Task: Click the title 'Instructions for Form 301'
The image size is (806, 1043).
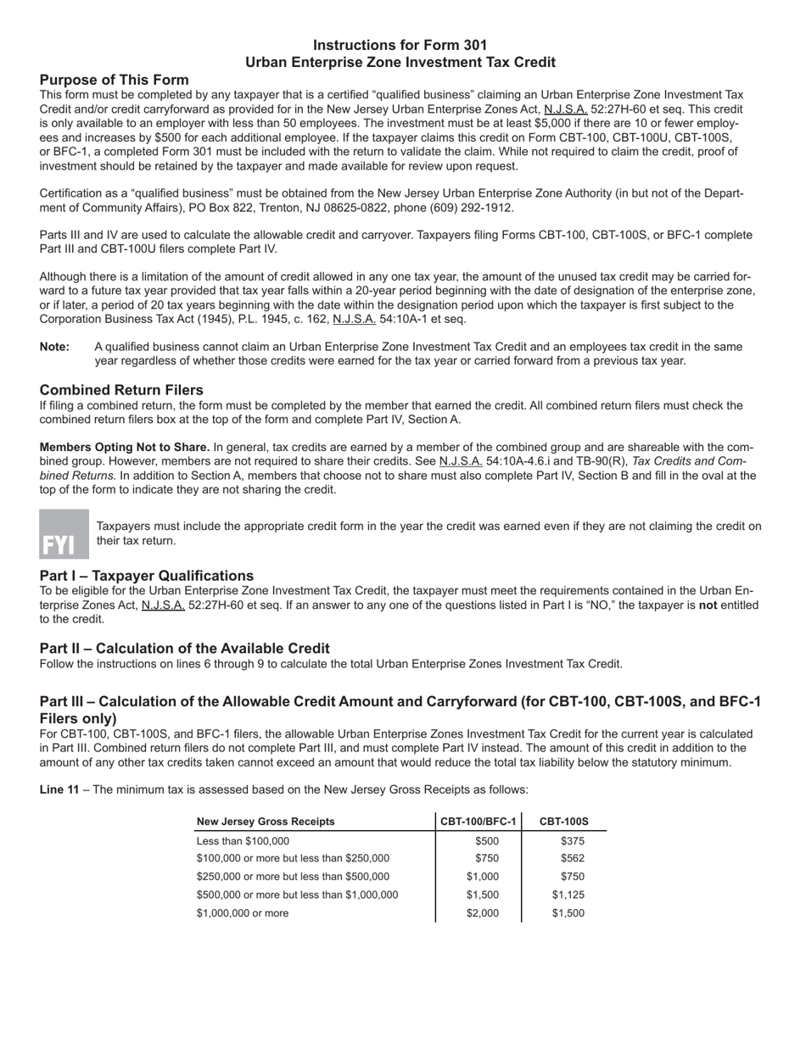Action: click(400, 45)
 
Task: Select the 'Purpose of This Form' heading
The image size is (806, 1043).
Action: click(114, 80)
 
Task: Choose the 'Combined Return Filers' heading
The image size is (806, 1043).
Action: click(121, 390)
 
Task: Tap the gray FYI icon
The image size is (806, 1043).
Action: click(64, 534)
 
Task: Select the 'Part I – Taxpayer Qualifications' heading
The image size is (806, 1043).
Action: click(146, 576)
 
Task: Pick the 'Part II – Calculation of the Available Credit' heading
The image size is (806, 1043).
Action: click(184, 648)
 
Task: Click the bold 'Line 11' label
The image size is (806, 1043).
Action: click(59, 789)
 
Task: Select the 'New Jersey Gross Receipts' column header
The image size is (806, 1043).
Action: click(266, 822)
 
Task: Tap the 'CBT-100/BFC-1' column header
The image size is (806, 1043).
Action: click(479, 822)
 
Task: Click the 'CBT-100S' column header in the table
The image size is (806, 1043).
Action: click(563, 822)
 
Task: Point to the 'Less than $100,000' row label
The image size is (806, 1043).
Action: click(243, 841)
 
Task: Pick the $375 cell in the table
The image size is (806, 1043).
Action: click(572, 841)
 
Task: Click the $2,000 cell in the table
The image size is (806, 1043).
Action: click(483, 913)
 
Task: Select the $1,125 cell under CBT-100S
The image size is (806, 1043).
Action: click(568, 895)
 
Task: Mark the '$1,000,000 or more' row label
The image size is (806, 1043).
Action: click(243, 913)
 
